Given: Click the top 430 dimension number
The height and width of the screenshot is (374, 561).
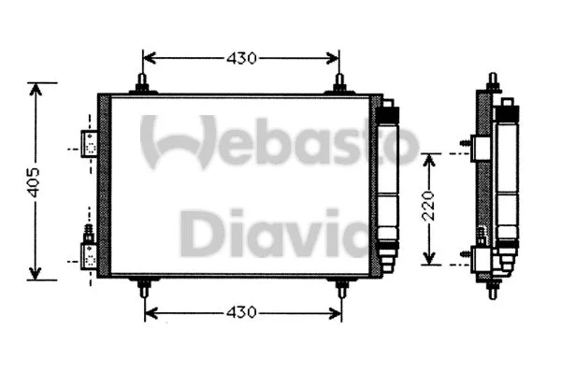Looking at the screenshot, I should point(241,58).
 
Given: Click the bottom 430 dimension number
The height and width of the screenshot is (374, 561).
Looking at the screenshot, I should point(241,312).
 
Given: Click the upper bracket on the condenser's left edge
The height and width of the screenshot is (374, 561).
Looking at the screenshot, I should point(90,143).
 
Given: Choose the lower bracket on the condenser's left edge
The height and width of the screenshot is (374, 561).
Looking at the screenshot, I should point(90,252).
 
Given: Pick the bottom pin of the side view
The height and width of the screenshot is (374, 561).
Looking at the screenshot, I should point(493,290).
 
